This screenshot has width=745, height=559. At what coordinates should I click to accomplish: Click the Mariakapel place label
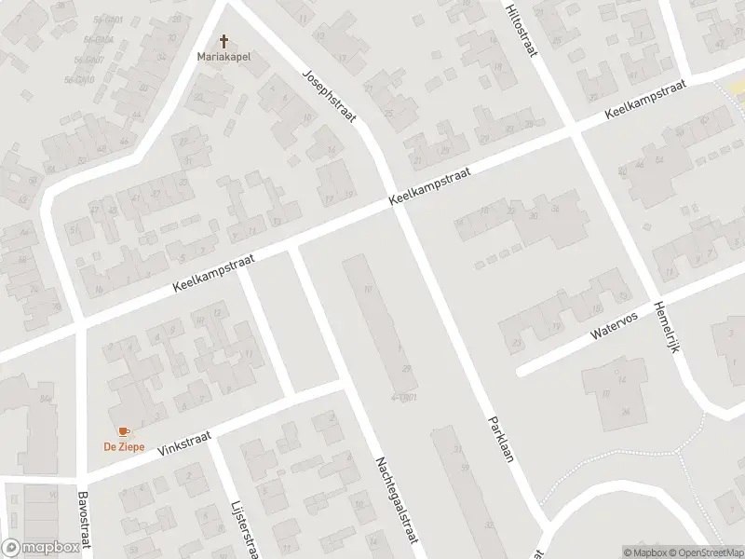coord(223,56)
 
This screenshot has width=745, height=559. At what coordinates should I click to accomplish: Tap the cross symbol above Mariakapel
coord(223,41)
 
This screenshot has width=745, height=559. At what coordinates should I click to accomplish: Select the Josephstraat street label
coord(330,98)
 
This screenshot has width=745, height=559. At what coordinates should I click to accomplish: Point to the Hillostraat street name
coord(521,30)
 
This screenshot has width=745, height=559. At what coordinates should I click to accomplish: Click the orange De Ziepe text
coord(123,445)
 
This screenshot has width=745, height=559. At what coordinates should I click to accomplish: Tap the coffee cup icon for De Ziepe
coord(123,431)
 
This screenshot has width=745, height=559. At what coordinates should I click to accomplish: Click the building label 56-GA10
coord(80,79)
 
